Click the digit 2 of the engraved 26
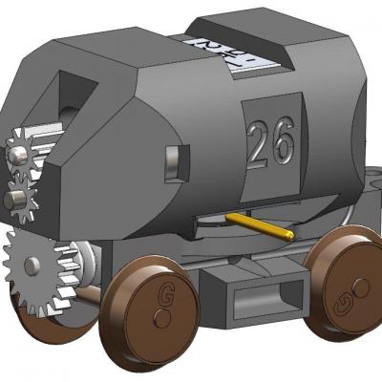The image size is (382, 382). point(259,144)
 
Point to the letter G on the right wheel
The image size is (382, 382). point(360,286)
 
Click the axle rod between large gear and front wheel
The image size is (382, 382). point(91,296)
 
